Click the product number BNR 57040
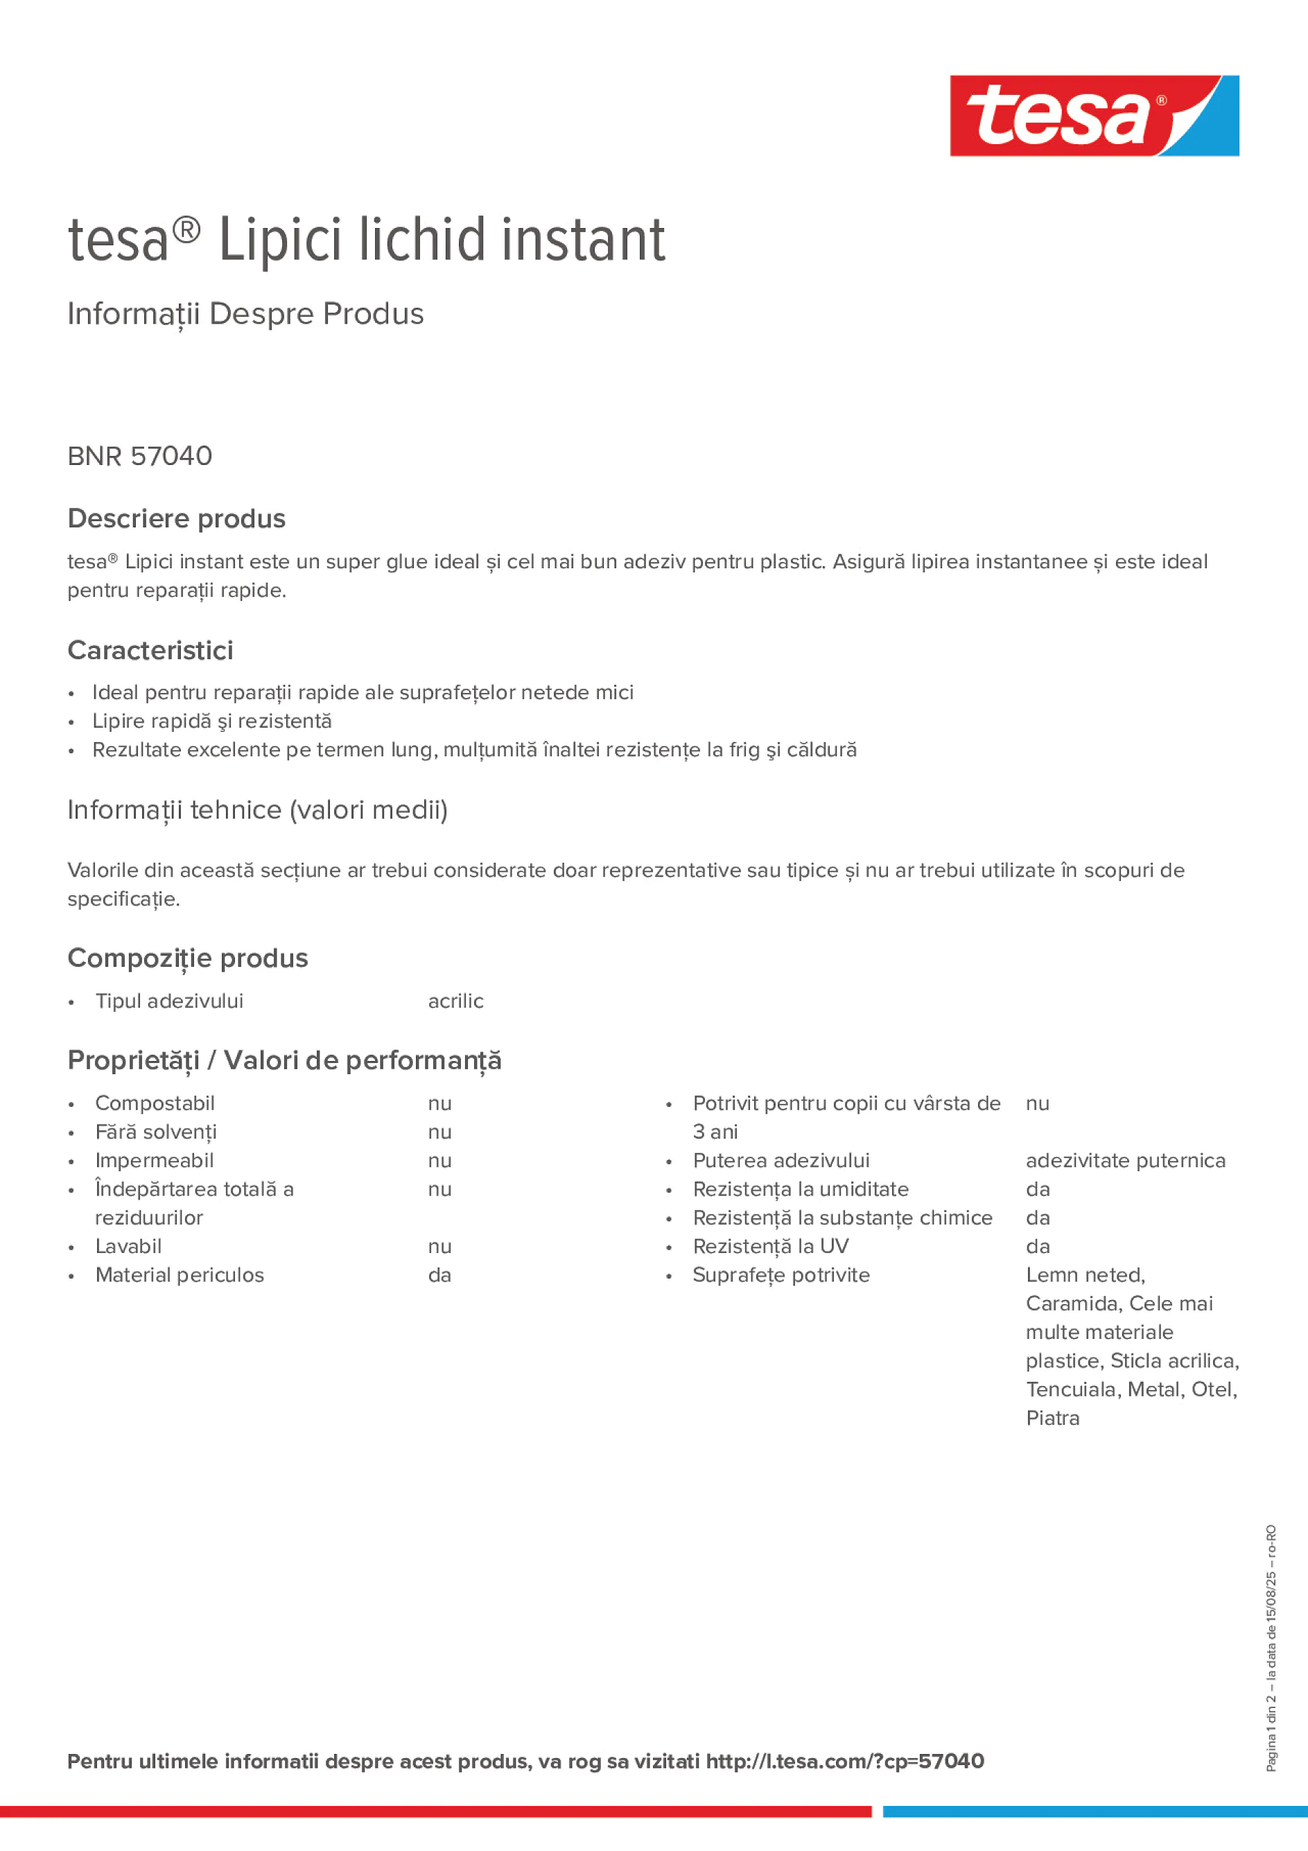[x=139, y=456]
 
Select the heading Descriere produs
[x=177, y=518]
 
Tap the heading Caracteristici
[x=150, y=651]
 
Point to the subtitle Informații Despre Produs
[x=245, y=314]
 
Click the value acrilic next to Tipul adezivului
[x=455, y=1001]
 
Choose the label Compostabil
[x=155, y=1104]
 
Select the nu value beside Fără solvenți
[x=439, y=1132]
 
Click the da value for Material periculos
[x=439, y=1275]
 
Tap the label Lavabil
[x=128, y=1247]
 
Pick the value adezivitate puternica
[x=1125, y=1161]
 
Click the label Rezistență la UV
[x=770, y=1247]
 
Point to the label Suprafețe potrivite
[x=781, y=1275]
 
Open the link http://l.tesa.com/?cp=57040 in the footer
[x=844, y=1761]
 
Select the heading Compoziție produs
[x=187, y=958]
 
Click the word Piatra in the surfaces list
[x=1052, y=1418]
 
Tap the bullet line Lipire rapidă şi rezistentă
[x=211, y=721]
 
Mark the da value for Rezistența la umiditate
[x=1037, y=1190]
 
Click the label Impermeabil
[x=154, y=1161]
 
